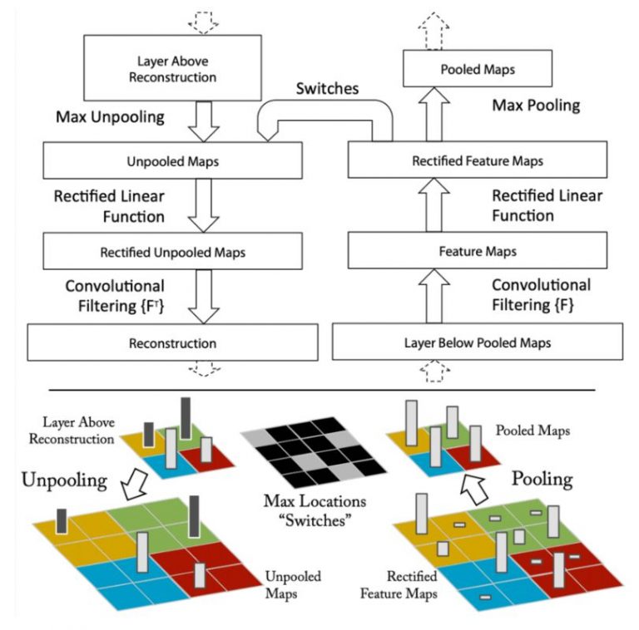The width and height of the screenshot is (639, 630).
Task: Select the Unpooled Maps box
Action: [173, 161]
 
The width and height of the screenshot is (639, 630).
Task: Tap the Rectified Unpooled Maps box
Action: [173, 250]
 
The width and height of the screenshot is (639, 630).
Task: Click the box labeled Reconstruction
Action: [173, 342]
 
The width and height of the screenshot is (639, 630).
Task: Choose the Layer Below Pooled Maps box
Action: [477, 342]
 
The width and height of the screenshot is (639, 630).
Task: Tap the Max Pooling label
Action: [536, 106]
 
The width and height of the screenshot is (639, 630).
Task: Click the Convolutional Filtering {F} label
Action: [540, 295]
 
